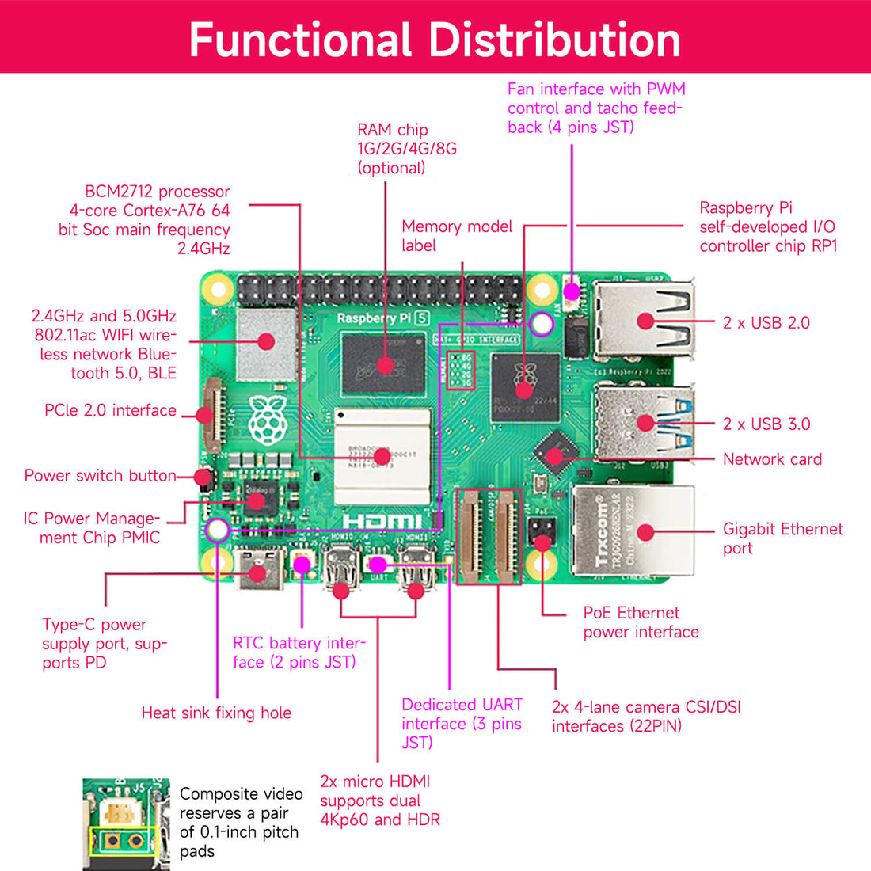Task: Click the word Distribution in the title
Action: point(554,40)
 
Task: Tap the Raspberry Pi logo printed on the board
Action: point(267,420)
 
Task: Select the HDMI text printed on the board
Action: point(382,521)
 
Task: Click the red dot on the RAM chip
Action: point(385,365)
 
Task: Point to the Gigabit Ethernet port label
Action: point(782,538)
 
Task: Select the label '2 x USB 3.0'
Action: point(766,424)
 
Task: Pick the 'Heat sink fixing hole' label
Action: point(216,713)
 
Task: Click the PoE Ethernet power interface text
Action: point(641,622)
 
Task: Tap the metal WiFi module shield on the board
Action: point(267,342)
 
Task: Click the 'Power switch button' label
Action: point(100,475)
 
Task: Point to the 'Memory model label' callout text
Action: point(457,235)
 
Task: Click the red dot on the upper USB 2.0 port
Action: point(645,321)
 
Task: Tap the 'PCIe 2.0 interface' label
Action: point(110,410)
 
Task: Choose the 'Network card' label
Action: point(772,459)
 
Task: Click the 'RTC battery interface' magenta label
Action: point(299,652)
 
